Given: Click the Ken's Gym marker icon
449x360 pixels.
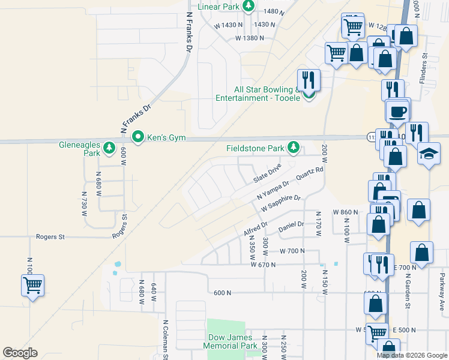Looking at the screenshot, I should [137, 137].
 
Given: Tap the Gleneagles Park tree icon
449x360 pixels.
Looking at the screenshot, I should [109, 146].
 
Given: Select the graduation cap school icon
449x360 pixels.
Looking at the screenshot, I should [429, 154].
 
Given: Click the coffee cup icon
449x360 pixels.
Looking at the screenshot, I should [398, 111].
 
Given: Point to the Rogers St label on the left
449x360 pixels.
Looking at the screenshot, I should [50, 237].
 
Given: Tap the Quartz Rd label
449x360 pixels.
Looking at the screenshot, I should [310, 173].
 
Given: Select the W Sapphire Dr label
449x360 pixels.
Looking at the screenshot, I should [280, 203].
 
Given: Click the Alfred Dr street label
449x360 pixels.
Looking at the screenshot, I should [255, 229].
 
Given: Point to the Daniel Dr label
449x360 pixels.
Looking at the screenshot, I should [292, 227].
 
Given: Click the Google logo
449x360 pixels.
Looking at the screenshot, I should [20, 353].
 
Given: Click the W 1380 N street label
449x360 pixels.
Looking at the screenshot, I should [250, 38].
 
